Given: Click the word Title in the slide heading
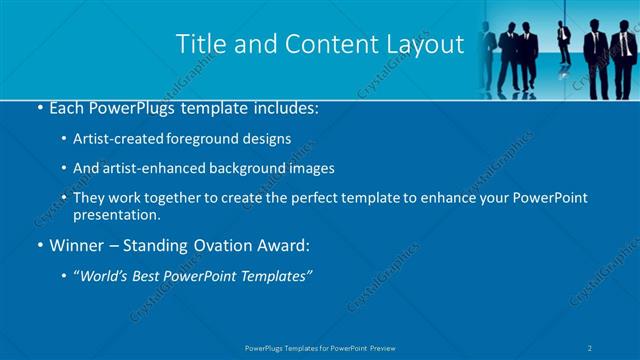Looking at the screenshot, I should click(200, 44).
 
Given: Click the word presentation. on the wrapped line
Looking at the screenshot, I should click(116, 214).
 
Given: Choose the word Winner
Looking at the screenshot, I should click(76, 246).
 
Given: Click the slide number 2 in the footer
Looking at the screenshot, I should click(591, 347).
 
